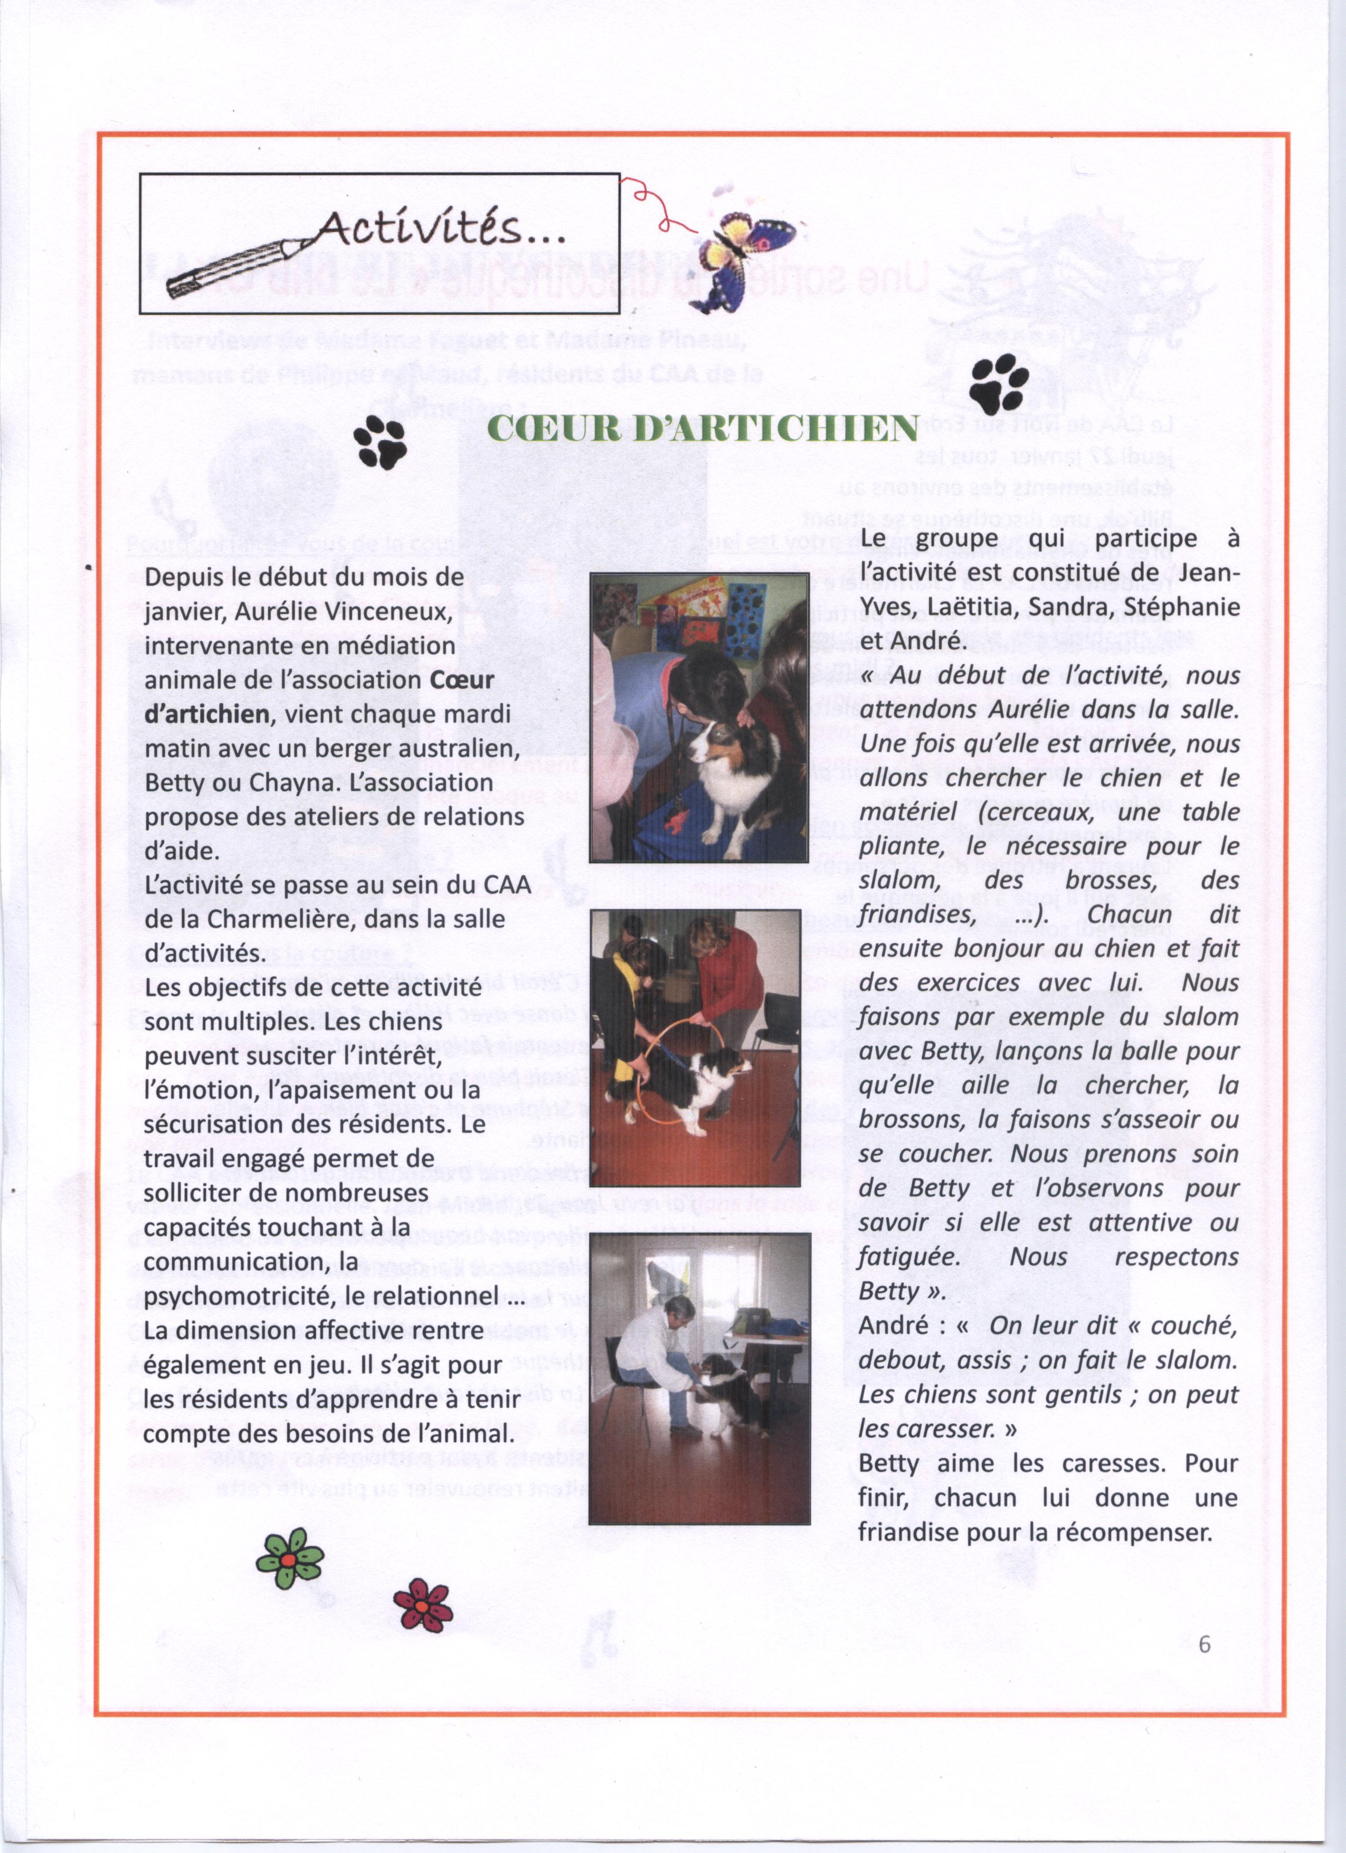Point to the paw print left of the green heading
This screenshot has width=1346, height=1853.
[381, 442]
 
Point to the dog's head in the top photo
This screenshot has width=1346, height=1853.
[719, 743]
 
